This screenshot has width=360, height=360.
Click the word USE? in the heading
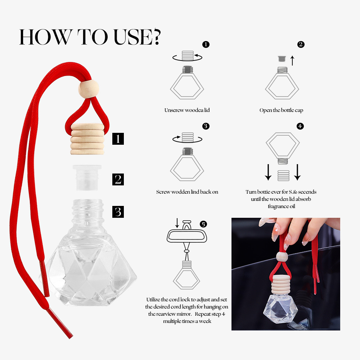click(137, 37)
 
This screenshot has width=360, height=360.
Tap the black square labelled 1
click(118, 139)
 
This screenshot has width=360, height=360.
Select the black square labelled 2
click(118, 179)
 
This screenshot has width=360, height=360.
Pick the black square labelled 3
click(118, 212)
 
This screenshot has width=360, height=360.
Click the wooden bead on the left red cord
click(89, 89)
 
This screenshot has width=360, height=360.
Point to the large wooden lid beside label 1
click(87, 139)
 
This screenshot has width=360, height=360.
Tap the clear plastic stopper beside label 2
click(87, 177)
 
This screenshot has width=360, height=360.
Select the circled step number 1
click(206, 44)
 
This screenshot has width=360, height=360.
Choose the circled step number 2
click(301, 44)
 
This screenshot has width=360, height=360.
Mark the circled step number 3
click(206, 126)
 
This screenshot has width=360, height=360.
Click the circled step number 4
click(300, 126)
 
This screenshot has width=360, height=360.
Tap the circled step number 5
click(203, 224)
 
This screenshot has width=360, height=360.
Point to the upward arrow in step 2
click(292, 60)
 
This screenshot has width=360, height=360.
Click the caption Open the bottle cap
click(281, 110)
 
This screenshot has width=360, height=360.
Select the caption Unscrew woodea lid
click(187, 110)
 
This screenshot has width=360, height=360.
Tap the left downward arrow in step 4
click(268, 172)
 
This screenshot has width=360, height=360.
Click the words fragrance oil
click(281, 206)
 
